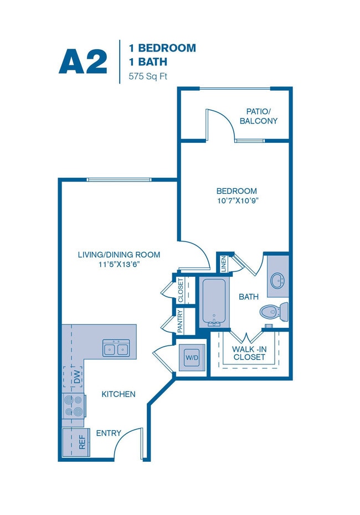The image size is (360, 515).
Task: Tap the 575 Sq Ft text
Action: (x=148, y=77)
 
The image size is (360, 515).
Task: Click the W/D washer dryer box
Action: (x=192, y=358)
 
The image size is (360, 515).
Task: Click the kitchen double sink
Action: (x=116, y=348)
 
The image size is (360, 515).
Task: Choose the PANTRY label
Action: (x=181, y=322)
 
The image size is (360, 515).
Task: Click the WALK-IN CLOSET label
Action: (x=249, y=352)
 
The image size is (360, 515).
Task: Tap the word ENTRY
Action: (x=109, y=433)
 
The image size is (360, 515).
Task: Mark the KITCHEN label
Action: (x=119, y=394)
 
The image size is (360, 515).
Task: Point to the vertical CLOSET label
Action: (x=181, y=290)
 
